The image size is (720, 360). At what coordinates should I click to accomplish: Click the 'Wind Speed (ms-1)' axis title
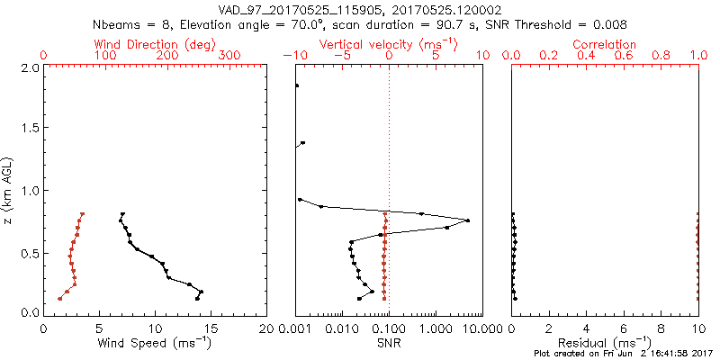pyautogui.click(x=155, y=343)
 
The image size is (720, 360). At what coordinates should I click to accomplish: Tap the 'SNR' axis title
pyautogui.click(x=389, y=343)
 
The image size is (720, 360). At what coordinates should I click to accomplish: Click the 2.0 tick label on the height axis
pyautogui.click(x=29, y=67)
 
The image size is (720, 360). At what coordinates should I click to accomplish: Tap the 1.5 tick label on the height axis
pyautogui.click(x=29, y=129)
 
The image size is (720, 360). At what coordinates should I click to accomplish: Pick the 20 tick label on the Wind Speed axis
pyautogui.click(x=266, y=328)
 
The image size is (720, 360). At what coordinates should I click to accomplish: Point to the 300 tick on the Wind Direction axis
pyautogui.click(x=229, y=56)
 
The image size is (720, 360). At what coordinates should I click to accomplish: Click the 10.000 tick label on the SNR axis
pyautogui.click(x=468, y=328)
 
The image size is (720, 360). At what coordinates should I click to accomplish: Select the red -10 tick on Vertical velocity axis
pyautogui.click(x=295, y=56)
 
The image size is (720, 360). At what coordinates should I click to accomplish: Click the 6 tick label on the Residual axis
pyautogui.click(x=624, y=328)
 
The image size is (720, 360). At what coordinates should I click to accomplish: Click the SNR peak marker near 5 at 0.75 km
pyautogui.click(x=468, y=220)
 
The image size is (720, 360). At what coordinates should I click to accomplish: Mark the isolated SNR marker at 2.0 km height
pyautogui.click(x=297, y=86)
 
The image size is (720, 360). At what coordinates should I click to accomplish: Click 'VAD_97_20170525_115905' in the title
pyautogui.click(x=290, y=9)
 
